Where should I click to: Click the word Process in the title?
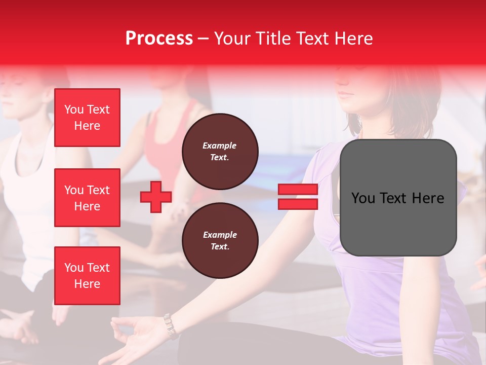coord(159,38)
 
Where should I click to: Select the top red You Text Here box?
coord(87,118)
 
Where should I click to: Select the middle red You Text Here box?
coord(87,198)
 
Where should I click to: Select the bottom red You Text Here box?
coord(87,276)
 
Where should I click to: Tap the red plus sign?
coord(156,197)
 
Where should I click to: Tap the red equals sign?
coord(298,197)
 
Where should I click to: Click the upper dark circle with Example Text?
coord(220,152)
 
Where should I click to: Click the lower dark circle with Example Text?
coord(220,241)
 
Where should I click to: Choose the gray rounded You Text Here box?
coord(398,198)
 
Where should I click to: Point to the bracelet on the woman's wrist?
coord(170,325)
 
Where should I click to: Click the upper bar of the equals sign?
coord(298,190)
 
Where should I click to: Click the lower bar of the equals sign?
coord(298,204)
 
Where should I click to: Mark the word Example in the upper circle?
coord(220,145)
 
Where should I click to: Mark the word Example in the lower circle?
coord(220,235)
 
